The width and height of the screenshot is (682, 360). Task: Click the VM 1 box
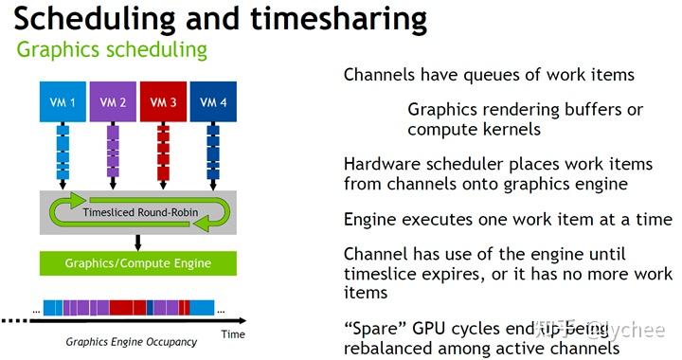[63, 100]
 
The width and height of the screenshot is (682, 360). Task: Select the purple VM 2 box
[113, 100]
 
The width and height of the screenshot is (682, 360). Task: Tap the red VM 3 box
[163, 100]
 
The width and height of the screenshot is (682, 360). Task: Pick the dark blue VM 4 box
[212, 100]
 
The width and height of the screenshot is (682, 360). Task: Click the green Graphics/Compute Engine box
[137, 262]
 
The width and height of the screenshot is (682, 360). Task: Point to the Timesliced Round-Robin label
[140, 212]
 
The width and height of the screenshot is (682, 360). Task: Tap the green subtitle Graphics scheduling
[112, 49]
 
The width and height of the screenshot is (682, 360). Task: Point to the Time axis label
[232, 333]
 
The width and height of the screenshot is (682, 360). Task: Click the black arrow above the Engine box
[137, 243]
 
